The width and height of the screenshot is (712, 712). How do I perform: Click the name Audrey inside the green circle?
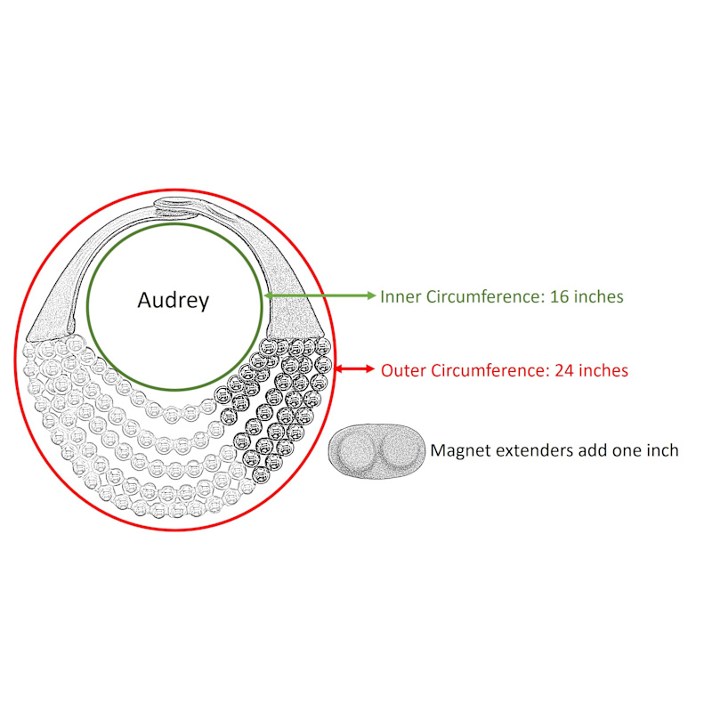pos(173,301)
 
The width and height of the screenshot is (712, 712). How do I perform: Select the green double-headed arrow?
pos(320,295)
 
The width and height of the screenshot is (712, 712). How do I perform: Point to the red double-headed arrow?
pos(354,368)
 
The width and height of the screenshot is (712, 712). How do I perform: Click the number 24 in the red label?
pos(564,370)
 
